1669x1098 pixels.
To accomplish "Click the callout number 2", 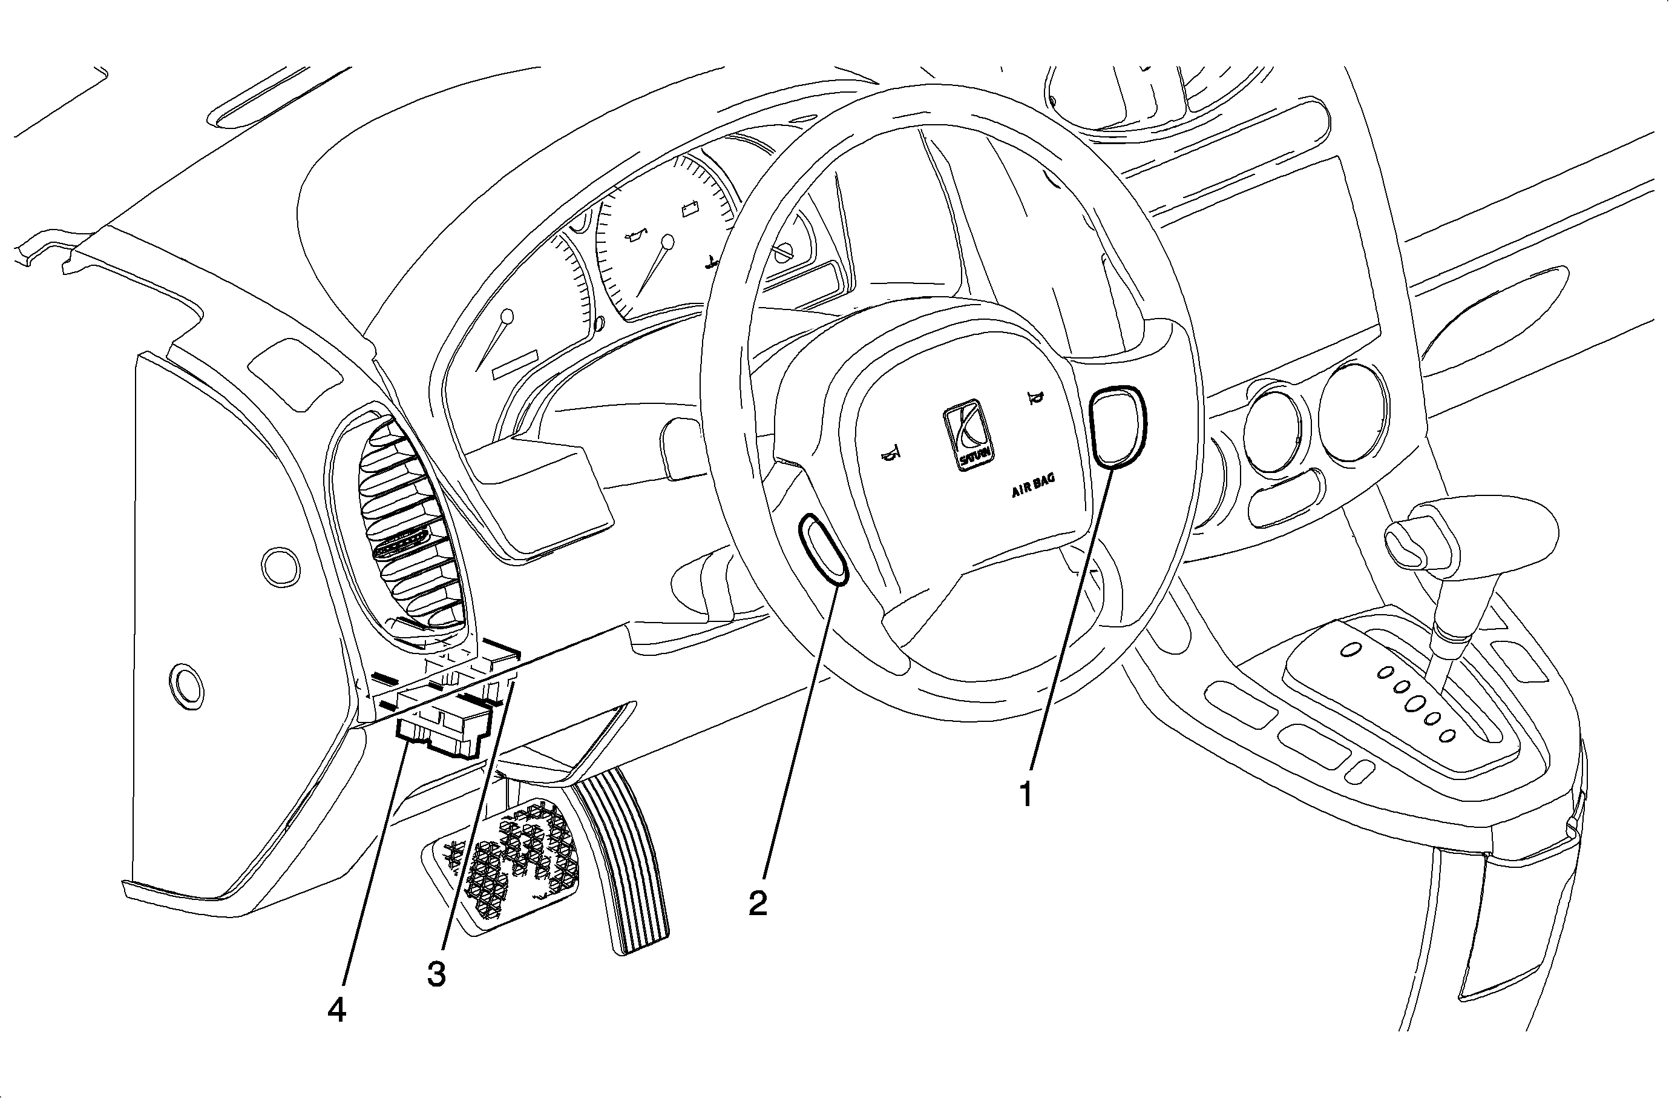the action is point(758,903).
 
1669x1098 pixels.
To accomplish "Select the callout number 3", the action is point(436,974).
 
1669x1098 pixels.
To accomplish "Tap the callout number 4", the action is point(336,1010).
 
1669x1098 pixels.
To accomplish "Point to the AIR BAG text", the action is point(1033,486).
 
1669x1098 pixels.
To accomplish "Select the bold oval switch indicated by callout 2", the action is point(823,549).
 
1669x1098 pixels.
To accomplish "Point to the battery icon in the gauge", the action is point(690,208).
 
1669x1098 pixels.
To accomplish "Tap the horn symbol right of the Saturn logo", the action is point(1034,399).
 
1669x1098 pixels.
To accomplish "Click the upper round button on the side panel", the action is point(279,566).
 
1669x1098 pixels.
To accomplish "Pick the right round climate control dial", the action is point(1352,413).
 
